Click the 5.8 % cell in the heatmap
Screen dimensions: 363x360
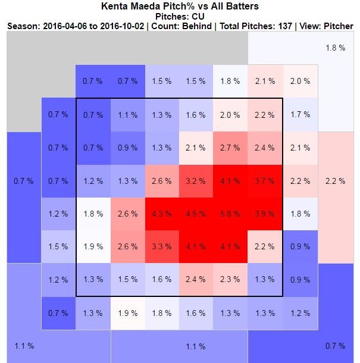[230, 214]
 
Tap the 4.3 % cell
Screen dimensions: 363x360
[162, 214]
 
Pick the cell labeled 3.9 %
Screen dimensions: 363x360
[264, 214]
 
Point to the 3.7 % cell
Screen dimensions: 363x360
[264, 181]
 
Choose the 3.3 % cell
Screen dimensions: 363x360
[162, 247]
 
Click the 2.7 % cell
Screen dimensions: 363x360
[230, 148]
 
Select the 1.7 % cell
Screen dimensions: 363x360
[299, 114]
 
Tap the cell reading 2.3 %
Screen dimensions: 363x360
[230, 280]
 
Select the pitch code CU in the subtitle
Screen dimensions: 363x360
[198, 16]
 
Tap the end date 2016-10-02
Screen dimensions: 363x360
[123, 27]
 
